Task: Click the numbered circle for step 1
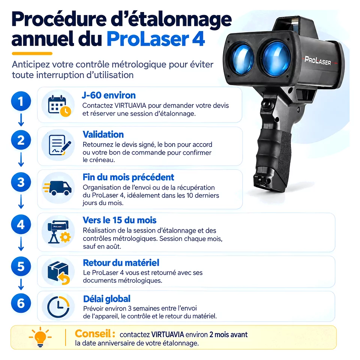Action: coord(21,101)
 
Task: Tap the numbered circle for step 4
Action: coord(21,224)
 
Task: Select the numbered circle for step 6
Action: coord(21,303)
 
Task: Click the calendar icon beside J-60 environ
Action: coord(59,106)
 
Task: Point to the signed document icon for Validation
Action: coord(60,145)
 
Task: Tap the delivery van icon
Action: coord(57,188)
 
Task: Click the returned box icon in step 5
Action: coord(58,273)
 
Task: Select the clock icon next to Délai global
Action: coord(58,307)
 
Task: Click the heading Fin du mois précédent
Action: coord(128,177)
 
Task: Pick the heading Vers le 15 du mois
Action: coord(120,220)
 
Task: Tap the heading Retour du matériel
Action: coord(121,262)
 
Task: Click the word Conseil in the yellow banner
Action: coord(93,334)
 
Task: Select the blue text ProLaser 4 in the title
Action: coord(156,39)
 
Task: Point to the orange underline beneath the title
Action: coord(32,54)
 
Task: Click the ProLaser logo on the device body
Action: coord(318,61)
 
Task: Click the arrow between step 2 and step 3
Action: coord(21,159)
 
